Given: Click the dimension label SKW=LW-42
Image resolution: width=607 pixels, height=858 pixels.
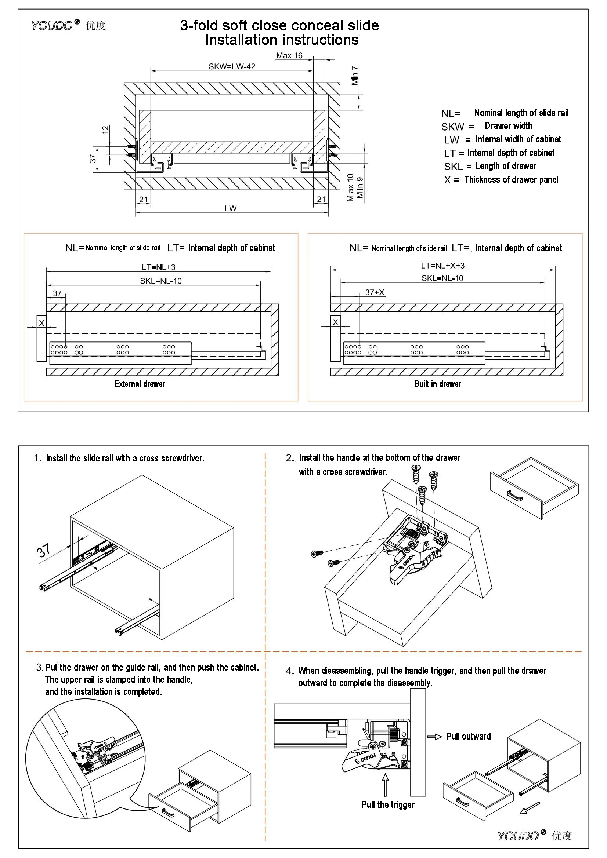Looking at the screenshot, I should pyautogui.click(x=231, y=66).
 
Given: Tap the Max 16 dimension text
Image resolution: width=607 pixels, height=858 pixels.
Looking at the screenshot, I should pyautogui.click(x=289, y=56).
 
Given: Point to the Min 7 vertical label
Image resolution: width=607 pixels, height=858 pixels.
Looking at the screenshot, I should pyautogui.click(x=355, y=76).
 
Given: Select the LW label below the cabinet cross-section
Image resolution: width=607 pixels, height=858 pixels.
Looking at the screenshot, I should pyautogui.click(x=230, y=208).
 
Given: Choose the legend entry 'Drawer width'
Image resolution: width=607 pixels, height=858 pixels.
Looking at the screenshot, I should pyautogui.click(x=508, y=125).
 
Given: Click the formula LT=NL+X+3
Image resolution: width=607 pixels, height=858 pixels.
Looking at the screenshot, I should pyautogui.click(x=442, y=266).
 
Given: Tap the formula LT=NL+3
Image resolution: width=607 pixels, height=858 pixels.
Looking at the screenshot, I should pyautogui.click(x=158, y=267).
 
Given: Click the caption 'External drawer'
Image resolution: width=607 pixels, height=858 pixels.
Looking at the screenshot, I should pyautogui.click(x=140, y=384).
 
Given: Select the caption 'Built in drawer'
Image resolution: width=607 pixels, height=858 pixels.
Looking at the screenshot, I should pyautogui.click(x=437, y=384).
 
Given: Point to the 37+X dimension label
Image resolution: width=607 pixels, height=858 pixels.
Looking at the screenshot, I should pyautogui.click(x=375, y=293).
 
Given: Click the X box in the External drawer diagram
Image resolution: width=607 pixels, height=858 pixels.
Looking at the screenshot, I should pyautogui.click(x=41, y=323).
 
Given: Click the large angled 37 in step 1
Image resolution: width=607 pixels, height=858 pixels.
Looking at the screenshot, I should pyautogui.click(x=43, y=551).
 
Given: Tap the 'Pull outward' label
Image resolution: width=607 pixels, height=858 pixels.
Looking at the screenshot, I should pyautogui.click(x=468, y=736).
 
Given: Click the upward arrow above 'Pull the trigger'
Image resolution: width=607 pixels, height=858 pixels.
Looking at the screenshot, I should pyautogui.click(x=385, y=785).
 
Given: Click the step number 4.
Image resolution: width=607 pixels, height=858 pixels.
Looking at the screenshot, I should pyautogui.click(x=289, y=671).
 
